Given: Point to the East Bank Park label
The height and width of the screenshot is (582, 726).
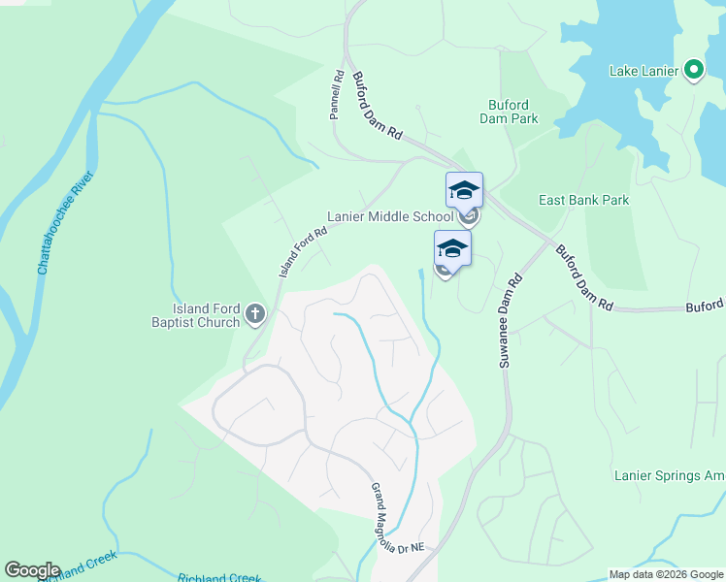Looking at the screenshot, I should click(584, 200).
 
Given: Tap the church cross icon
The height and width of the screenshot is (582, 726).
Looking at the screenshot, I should click(255, 313).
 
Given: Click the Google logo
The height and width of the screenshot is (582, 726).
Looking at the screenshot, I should click(32, 570).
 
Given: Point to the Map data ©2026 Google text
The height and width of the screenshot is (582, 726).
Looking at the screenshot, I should click(666, 574).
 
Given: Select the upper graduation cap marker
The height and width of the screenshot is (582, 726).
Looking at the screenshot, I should click(464, 190).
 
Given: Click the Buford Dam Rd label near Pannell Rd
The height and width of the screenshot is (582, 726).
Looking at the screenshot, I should click(377, 108).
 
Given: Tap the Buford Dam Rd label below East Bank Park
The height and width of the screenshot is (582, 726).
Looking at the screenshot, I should click(584, 277).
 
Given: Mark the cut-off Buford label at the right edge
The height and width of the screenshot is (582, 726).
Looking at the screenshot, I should click(706, 306).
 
